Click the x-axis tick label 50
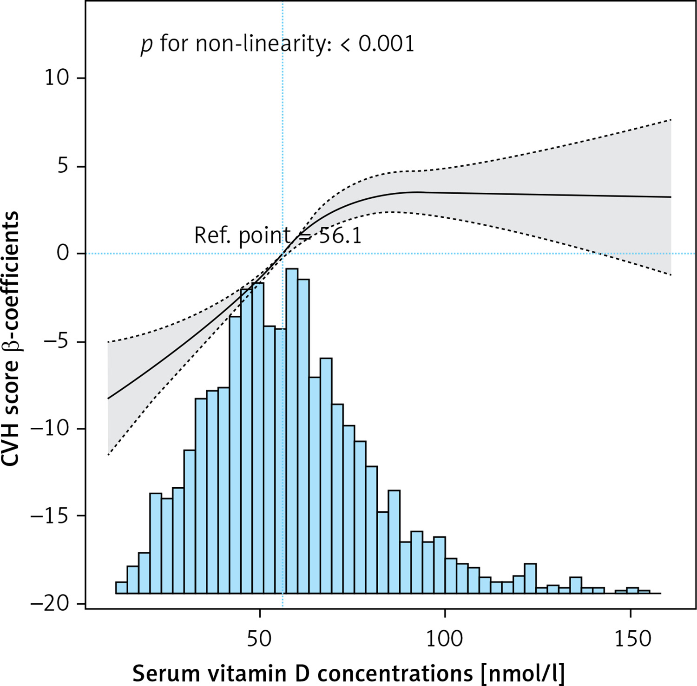(259, 639)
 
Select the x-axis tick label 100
(445, 639)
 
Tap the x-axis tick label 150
(630, 639)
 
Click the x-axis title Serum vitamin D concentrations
(348, 673)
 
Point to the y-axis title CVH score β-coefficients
(11, 339)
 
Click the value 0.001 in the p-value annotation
(386, 45)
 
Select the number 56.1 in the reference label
(340, 236)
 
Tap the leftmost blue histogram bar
(121, 588)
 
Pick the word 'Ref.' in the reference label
(212, 235)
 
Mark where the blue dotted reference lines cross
(283, 254)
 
